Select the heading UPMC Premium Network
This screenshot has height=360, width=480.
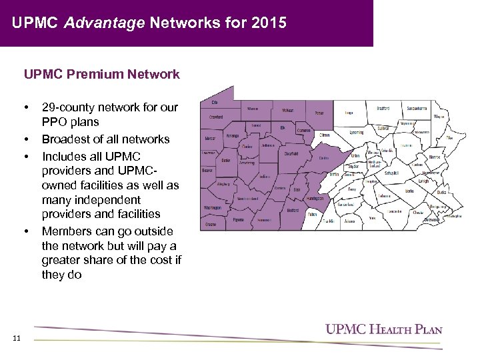tap(102, 74)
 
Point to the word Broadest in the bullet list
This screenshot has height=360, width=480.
tap(66, 139)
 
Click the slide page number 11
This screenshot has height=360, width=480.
tap(16, 338)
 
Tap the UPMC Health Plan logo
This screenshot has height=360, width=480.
tap(383, 329)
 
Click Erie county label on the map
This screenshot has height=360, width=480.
tap(215, 102)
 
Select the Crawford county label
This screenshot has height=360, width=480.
tap(216, 116)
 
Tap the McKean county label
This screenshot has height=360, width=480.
tap(287, 110)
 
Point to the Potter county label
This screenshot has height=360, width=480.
tap(319, 113)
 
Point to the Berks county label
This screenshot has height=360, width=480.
tap(409, 191)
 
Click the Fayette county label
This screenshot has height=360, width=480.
tap(239, 219)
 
